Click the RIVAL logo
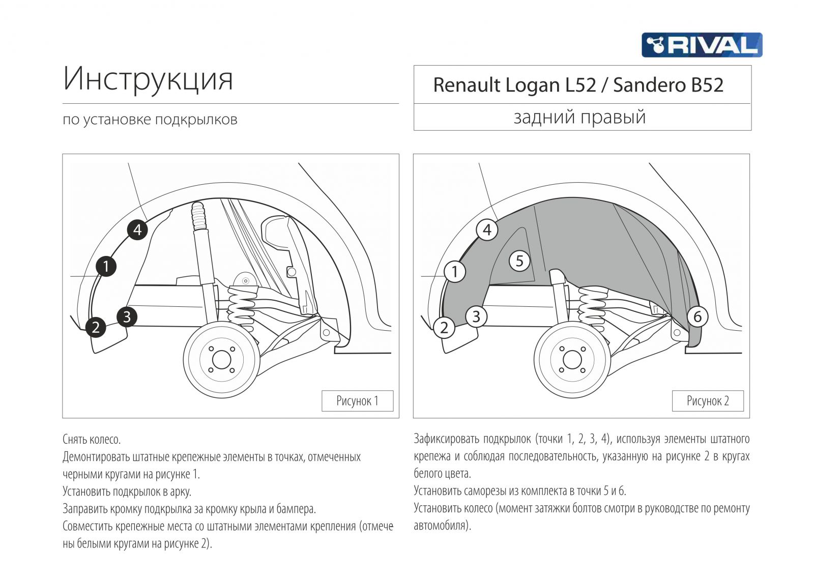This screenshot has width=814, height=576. coord(702,45)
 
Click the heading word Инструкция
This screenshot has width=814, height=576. coord(148,79)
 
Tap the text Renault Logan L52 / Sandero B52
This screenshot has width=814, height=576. coord(578,85)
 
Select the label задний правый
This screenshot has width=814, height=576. coord(579,117)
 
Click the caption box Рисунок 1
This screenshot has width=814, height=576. coord(357,401)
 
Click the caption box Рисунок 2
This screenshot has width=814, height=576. coord(708,401)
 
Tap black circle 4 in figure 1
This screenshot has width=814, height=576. coord(137,230)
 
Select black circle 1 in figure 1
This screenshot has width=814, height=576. coord(106,266)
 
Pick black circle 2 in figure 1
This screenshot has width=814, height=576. coord(96,327)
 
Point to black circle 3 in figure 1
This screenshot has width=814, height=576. coord(127,317)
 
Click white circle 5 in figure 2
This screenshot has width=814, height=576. coord(519,261)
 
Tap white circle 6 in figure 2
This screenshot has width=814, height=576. coord(697,316)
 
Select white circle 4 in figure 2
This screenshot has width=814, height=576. coord(487,230)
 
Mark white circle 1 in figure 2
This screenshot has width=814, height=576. coord(455,271)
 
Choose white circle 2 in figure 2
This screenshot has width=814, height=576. coord(444,327)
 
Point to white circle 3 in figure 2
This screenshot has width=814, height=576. coord(476,316)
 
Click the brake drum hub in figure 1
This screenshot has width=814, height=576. coord(221,360)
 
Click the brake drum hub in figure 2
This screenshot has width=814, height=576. coord(572,360)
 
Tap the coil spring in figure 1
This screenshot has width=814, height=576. coord(241,308)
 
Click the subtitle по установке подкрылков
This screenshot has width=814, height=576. coord(150,120)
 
